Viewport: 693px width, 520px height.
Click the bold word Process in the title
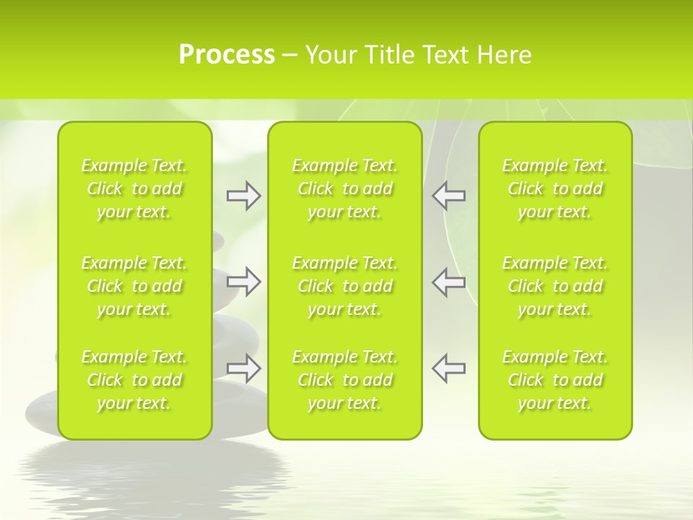tap(227, 55)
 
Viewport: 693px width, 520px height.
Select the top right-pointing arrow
tap(243, 196)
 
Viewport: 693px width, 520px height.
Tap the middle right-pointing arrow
tap(243, 282)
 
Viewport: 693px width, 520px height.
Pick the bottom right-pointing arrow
tap(243, 368)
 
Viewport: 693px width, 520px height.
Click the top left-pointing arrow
tap(448, 196)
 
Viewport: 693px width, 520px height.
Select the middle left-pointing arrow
tap(448, 282)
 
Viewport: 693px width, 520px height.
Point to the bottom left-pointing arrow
tap(448, 368)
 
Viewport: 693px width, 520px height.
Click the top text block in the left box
tap(134, 188)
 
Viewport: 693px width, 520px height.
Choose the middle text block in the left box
tap(134, 286)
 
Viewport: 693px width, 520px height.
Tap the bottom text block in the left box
tap(134, 380)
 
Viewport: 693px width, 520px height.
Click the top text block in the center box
tap(344, 188)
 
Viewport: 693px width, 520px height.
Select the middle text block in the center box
tap(344, 286)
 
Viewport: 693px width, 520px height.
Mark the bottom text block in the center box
tap(344, 380)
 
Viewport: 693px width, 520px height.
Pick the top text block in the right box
tap(554, 188)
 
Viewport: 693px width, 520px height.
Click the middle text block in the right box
tap(554, 286)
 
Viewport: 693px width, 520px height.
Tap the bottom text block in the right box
tap(554, 380)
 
